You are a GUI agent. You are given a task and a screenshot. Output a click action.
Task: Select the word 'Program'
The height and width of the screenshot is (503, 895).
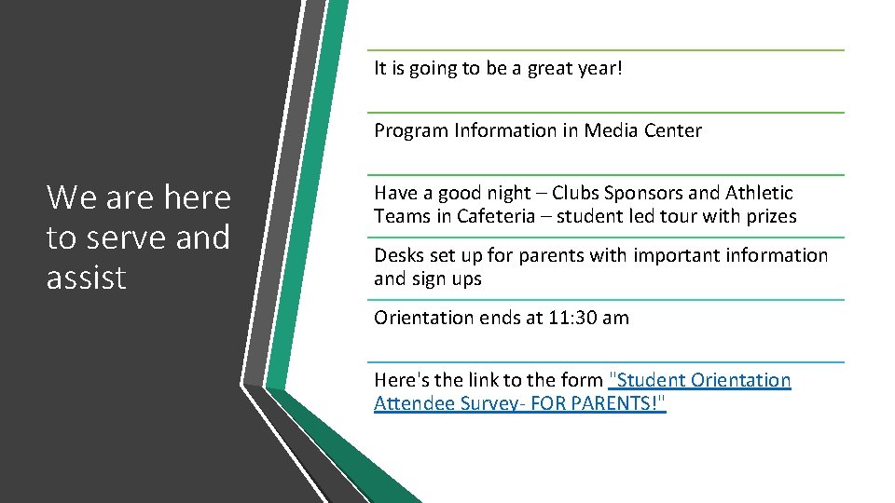coord(411,131)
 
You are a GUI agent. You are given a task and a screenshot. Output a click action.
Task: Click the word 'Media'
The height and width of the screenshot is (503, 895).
coord(609,131)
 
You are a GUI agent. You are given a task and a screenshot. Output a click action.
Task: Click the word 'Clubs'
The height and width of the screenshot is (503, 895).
coord(576,194)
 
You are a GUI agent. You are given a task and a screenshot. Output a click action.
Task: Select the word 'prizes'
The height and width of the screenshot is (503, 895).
coord(769,216)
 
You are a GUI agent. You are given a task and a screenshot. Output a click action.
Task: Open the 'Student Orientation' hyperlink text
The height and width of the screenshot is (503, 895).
coord(699,380)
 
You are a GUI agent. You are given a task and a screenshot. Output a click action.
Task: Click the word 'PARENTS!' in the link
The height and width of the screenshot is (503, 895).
coord(617,403)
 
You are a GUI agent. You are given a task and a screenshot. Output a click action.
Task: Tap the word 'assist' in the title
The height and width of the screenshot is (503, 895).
coord(86,278)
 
